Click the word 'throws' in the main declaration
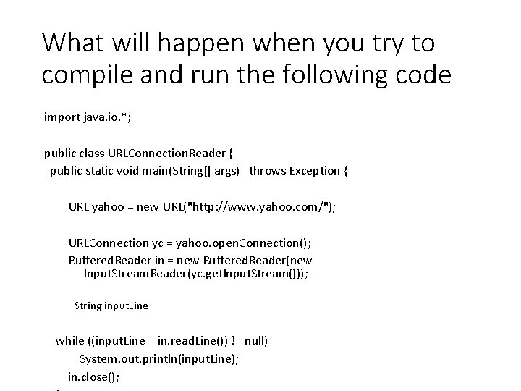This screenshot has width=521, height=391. coord(267,171)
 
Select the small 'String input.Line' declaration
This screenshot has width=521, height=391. coord(111,306)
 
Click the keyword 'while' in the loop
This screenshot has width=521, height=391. coord(70,340)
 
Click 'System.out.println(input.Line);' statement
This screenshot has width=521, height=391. coord(159,359)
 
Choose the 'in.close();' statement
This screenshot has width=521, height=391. coord(94,377)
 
